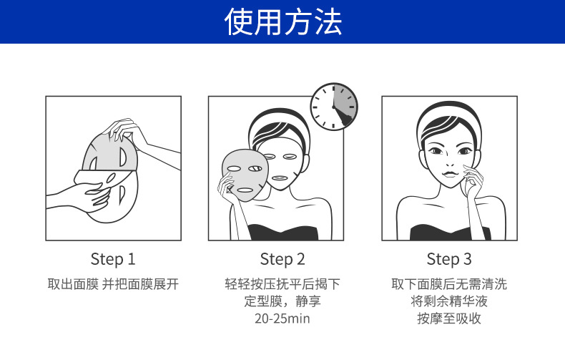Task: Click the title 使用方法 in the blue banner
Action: pos(283,21)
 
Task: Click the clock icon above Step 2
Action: pos(334,107)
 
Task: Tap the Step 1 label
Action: pos(113,259)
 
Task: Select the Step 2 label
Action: pos(282,259)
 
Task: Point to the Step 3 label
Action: pos(449,259)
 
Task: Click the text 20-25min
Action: pos(282,318)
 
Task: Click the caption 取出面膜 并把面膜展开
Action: pos(113,284)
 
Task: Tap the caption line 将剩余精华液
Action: pos(449,301)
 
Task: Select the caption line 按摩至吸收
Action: pos(449,318)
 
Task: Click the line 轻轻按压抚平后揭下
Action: pos(282,284)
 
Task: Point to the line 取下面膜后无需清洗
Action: pos(449,284)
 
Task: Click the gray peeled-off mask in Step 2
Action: pos(245,175)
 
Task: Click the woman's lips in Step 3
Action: pos(449,173)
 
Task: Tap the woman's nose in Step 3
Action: pos(449,162)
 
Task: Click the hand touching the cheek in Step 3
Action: pos(472,180)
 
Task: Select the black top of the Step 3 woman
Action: pos(451,233)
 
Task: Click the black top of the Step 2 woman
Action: pos(283,233)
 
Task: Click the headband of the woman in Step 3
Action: pos(449,115)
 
